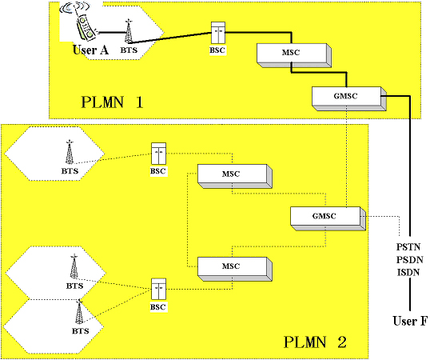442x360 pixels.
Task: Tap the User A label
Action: (x=91, y=50)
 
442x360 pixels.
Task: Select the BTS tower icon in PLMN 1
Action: (x=129, y=31)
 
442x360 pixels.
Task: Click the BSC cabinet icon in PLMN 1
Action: (x=218, y=33)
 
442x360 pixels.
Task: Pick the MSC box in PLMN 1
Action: (x=294, y=55)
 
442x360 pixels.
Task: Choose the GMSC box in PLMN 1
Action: (x=349, y=98)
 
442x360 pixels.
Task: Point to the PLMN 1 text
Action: (x=112, y=102)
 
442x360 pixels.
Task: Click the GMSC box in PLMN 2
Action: (x=329, y=218)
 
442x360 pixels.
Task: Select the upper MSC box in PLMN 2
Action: (x=235, y=176)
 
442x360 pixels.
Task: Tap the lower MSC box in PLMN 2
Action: (x=235, y=269)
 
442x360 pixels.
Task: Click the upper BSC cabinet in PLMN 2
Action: (x=159, y=154)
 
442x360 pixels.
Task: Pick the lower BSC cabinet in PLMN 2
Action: (x=159, y=289)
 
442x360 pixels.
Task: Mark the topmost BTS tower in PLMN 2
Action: (x=70, y=152)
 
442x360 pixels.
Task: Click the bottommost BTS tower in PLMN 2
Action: (x=79, y=312)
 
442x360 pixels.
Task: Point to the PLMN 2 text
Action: (x=315, y=342)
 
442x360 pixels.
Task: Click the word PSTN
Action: (x=408, y=247)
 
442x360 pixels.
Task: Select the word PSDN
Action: (x=409, y=259)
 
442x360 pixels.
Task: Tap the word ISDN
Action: (x=408, y=272)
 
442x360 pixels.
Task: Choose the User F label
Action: (x=410, y=321)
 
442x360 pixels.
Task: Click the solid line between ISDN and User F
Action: (x=410, y=294)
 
